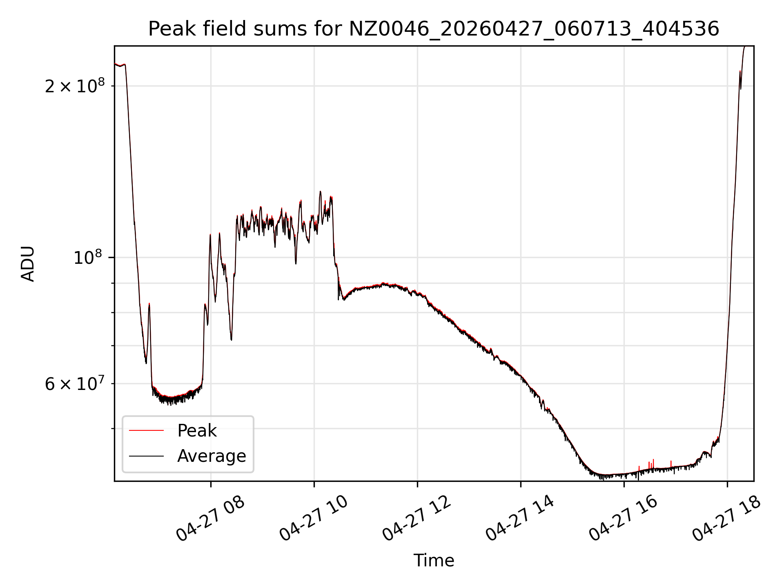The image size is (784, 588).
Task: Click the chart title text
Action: click(x=434, y=29)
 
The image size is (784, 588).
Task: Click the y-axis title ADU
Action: click(x=28, y=264)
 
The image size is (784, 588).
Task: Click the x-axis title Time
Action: click(x=434, y=561)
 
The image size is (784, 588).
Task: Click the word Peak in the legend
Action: click(x=197, y=431)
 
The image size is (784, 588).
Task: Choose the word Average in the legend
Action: click(x=212, y=456)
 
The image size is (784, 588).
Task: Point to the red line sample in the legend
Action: click(x=146, y=430)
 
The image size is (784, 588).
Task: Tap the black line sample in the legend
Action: click(x=146, y=456)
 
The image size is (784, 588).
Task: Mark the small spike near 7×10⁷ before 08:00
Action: click(x=149, y=304)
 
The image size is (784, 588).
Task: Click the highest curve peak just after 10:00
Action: click(x=320, y=192)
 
